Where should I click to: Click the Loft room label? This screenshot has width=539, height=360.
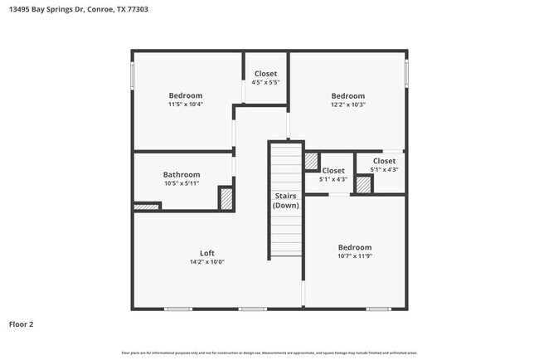pyautogui.click(x=207, y=253)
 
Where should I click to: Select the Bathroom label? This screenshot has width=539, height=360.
pyautogui.click(x=181, y=175)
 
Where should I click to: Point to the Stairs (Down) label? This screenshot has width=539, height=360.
pyautogui.click(x=286, y=201)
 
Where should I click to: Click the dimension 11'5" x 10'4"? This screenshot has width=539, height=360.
pyautogui.click(x=186, y=105)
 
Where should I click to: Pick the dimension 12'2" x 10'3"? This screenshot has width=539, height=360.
pyautogui.click(x=348, y=105)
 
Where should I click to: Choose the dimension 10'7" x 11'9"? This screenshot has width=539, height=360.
pyautogui.click(x=354, y=256)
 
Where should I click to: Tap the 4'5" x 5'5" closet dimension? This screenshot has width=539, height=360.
pyautogui.click(x=265, y=83)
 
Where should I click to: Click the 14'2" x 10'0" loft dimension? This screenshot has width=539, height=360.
pyautogui.click(x=207, y=262)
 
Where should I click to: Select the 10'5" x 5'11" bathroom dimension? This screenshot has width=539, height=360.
pyautogui.click(x=181, y=183)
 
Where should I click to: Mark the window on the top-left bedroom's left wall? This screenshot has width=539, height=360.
pyautogui.click(x=133, y=75)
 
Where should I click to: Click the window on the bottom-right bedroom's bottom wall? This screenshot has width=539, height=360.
pyautogui.click(x=378, y=309)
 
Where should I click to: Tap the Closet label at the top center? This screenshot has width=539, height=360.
pyautogui.click(x=265, y=74)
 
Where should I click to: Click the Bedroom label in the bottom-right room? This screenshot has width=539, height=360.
pyautogui.click(x=354, y=247)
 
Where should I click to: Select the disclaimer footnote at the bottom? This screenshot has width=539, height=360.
pyautogui.click(x=269, y=352)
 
